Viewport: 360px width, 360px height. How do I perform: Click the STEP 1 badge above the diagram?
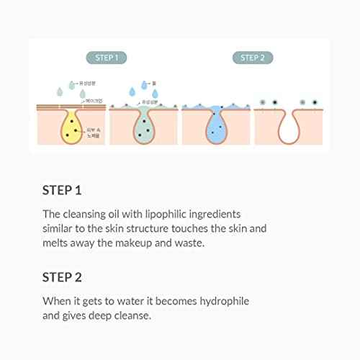(107, 58)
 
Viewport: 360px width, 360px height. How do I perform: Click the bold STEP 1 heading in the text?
(62, 191)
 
